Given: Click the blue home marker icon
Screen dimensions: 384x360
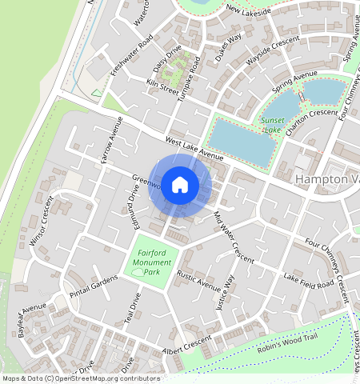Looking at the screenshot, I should point(180,185).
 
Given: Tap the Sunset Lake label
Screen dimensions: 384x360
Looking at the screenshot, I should point(272,124).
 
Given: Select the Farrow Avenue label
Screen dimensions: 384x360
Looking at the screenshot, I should point(110,141).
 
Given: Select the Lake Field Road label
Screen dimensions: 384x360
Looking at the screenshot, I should point(309,281).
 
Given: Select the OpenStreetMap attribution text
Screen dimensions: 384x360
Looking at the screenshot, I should point(80,378).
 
